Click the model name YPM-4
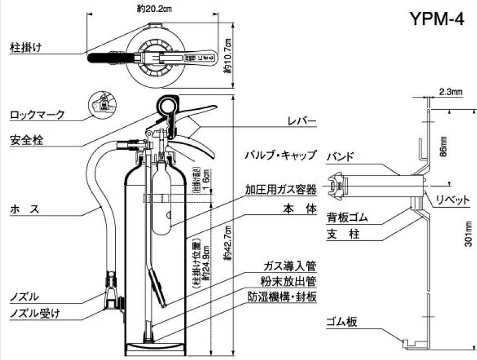436,18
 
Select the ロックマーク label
37,115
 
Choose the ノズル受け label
35,313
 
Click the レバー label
302,121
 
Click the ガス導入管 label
290,266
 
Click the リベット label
453,200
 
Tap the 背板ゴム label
347,218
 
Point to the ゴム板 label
341,322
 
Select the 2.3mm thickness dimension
451,92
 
